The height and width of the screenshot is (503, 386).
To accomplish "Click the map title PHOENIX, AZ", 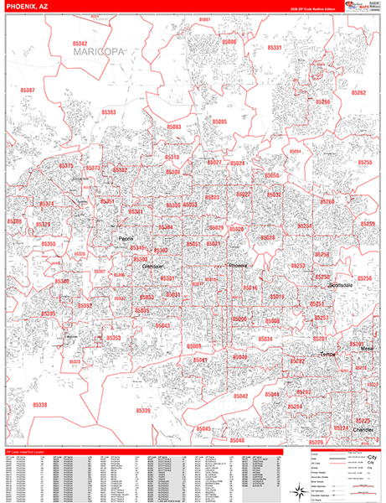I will coord(28,7).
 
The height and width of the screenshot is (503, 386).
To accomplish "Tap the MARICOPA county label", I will coord(98,52).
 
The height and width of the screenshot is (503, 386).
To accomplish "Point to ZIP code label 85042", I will coord(241,395).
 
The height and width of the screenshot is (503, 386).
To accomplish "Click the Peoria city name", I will coord(126,239).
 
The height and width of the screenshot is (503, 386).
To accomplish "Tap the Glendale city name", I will coord(152,267).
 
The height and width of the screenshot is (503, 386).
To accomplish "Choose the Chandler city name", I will coord(363,429).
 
